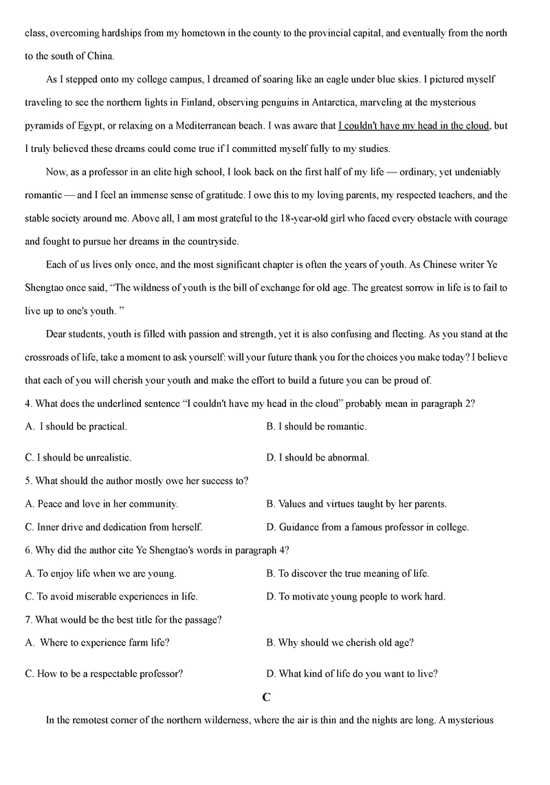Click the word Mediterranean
[207, 126]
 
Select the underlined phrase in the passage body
[414, 126]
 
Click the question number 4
[27, 403]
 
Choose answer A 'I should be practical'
[82, 426]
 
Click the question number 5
[27, 480]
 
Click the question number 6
[27, 550]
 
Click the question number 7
[27, 620]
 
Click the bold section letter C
[267, 697]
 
